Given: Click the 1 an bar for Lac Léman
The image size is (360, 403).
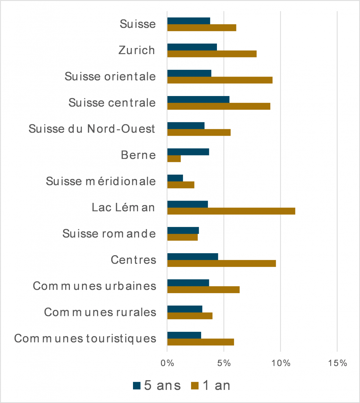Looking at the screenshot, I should [231, 211].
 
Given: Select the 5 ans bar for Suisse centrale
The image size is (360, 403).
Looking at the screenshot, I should [198, 99].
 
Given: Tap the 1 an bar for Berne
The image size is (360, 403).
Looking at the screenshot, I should [174, 159].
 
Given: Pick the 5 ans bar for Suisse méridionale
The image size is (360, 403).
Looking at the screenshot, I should [175, 178].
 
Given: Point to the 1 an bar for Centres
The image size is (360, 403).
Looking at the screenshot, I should [222, 263].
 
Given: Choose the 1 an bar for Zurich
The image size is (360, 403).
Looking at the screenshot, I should [212, 54].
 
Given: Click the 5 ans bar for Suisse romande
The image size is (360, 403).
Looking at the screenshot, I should [183, 230].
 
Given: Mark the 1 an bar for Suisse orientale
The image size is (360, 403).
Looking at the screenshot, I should [220, 80].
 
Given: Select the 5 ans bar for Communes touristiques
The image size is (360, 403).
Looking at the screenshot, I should [184, 335].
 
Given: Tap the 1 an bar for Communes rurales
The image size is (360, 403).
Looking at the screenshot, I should [190, 316].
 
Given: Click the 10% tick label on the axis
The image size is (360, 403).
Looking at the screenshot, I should [281, 363].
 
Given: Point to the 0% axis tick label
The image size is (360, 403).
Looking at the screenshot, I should [167, 363].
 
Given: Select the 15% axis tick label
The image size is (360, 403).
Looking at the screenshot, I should [337, 363].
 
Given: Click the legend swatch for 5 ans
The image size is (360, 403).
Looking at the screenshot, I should [137, 386].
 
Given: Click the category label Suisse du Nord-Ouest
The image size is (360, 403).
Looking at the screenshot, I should [92, 129].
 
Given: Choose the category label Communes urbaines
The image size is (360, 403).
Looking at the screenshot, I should [94, 286].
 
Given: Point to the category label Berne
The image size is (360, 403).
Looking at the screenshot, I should [138, 155].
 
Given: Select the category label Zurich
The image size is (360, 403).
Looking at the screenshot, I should [137, 50].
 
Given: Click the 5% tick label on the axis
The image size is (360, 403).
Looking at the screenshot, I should [224, 363].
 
